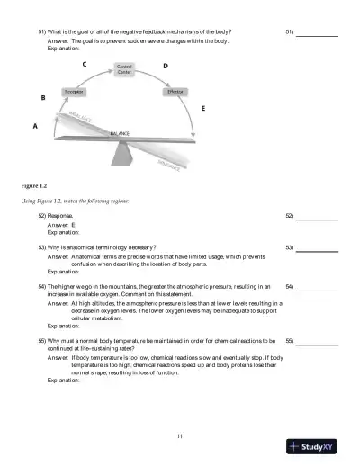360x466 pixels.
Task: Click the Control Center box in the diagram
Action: pos(125,69)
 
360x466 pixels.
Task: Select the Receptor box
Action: pos(75,93)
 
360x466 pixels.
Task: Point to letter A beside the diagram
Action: pos(35,127)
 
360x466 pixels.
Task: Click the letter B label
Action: pos(43,97)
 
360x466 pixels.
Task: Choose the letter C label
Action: pos(85,64)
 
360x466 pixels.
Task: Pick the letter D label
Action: pos(165,66)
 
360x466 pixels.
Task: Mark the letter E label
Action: pos(202,108)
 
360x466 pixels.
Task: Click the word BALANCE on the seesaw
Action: pos(120,133)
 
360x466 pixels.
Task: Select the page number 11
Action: pos(180,436)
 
